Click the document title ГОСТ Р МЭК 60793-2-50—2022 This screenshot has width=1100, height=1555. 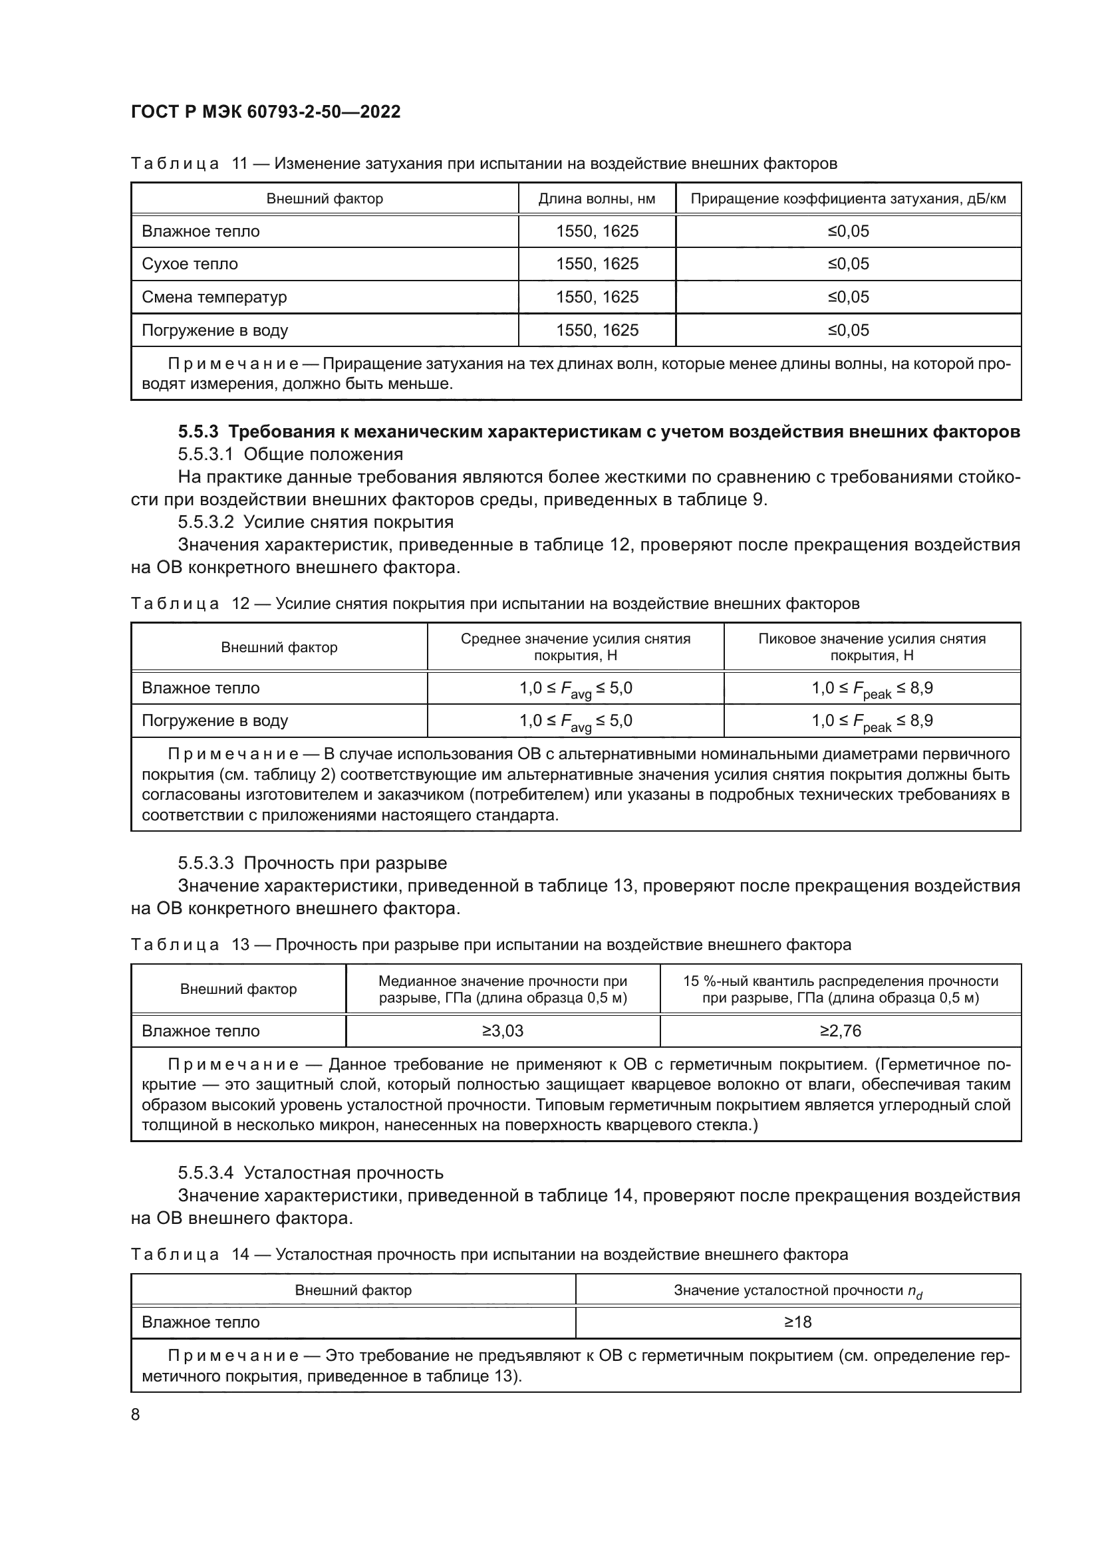pos(265,112)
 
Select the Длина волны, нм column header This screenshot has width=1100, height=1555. pos(597,198)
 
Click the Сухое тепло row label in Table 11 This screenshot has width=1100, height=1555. pos(190,263)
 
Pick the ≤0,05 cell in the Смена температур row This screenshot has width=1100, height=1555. pos(848,297)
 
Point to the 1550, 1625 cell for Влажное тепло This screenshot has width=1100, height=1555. pos(597,231)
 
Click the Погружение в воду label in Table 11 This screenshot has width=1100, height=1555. pos(215,330)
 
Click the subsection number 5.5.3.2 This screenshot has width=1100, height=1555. pos(206,521)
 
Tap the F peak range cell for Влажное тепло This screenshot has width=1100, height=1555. pos(872,689)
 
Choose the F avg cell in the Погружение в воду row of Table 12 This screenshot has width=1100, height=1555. pos(576,721)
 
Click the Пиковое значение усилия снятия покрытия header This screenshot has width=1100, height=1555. pos(872,647)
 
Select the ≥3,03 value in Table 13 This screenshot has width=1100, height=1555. pos(503,1031)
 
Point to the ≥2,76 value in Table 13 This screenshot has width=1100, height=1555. pos(840,1031)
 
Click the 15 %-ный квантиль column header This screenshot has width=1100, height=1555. pos(840,989)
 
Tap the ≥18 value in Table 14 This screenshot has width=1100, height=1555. pos(797,1322)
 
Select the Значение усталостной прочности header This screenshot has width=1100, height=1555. pos(797,1291)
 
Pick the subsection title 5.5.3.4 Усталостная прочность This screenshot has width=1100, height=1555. pos(310,1172)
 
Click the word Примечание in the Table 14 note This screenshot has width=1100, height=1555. pos(233,1355)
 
